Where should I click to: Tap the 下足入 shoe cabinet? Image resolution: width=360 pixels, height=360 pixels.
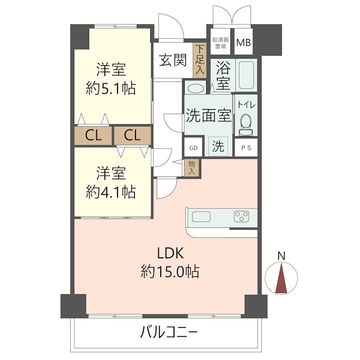point(200,59)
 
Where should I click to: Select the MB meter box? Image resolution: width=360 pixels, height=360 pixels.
point(244,43)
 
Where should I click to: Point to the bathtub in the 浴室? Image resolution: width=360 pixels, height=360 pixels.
point(246,75)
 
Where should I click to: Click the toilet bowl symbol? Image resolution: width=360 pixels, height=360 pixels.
point(246,123)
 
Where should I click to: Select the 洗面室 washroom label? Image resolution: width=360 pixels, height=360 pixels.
point(209,116)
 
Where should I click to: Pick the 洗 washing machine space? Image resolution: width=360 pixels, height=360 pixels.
point(218,146)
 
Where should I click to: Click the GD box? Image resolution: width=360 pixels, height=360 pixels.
point(193,147)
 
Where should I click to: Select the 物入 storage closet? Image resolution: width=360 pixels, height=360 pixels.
point(192,167)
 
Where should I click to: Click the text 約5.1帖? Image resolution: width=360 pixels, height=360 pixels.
point(111,88)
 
